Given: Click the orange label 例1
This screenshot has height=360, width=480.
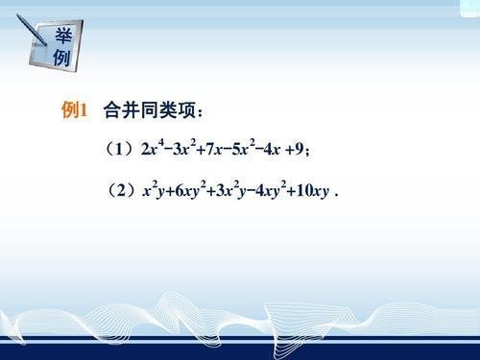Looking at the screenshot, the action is tap(74, 110).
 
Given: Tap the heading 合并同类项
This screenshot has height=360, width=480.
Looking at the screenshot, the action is tap(149, 110).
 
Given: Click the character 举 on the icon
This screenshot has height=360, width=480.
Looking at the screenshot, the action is tap(63, 36).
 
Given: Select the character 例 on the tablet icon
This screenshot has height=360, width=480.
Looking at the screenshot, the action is tap(61, 58).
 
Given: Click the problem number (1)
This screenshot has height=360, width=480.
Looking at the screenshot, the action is tap(119, 149).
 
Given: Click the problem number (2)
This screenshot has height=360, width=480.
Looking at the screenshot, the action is tap(121, 191).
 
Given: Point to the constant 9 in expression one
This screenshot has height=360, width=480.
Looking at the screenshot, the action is tap(299, 149).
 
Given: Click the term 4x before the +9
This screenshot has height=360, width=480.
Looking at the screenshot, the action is tap(272, 149).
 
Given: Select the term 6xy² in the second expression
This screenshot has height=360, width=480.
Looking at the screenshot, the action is tap(191, 190).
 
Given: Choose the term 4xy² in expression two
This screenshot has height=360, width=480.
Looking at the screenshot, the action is tap(271, 190).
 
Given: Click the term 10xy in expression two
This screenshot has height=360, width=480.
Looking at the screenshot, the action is tap(313, 191).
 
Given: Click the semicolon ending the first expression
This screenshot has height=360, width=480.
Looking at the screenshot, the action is tap(307, 151).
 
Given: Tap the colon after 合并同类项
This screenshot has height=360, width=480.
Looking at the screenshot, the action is tap(201, 113).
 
